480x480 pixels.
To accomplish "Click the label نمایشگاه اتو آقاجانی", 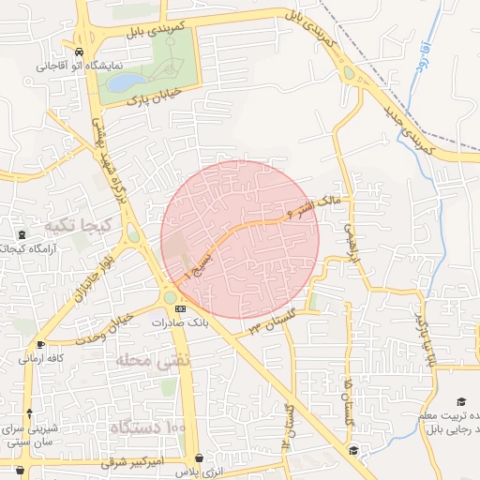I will click(x=69, y=67).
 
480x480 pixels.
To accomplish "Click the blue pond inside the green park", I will click(x=123, y=83).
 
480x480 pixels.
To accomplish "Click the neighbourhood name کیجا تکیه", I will click(x=79, y=226).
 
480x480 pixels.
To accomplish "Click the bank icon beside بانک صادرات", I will click(x=180, y=307).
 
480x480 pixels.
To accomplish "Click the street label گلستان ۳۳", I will click(x=272, y=321).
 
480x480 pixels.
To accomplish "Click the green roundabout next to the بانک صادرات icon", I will click(x=170, y=298).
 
